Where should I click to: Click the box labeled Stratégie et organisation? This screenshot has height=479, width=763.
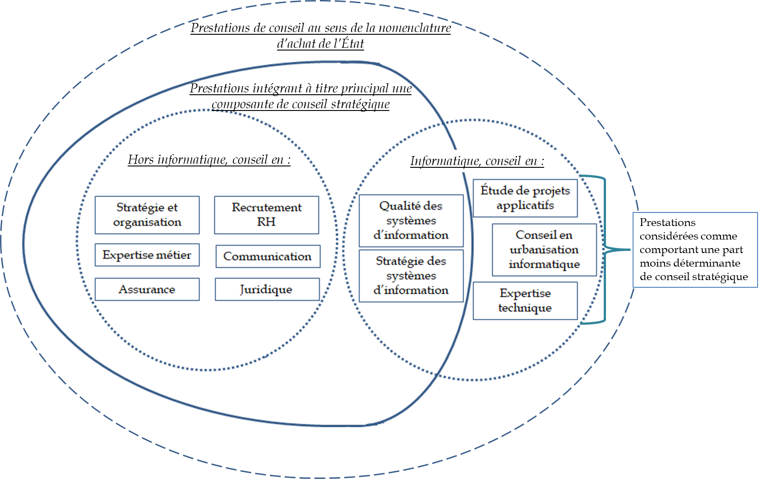(x=147, y=215)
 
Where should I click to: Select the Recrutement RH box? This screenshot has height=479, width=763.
(x=266, y=215)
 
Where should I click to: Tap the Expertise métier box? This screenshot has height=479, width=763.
(x=147, y=255)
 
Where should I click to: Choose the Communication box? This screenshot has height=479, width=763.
(x=268, y=256)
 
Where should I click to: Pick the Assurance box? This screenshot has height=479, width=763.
(x=147, y=289)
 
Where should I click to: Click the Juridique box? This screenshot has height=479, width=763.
(x=267, y=289)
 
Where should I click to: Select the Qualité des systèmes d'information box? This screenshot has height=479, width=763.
(x=411, y=221)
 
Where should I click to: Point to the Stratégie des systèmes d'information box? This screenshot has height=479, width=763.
(x=411, y=276)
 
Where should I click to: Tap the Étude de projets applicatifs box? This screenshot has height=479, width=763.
(x=525, y=198)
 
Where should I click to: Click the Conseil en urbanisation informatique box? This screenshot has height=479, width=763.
(x=544, y=249)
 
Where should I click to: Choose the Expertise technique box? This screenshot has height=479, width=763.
(x=525, y=301)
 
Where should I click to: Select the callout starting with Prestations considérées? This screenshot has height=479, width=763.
(x=695, y=249)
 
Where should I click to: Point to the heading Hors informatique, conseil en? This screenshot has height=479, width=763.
(x=209, y=160)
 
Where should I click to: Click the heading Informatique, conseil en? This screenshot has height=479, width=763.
(x=477, y=161)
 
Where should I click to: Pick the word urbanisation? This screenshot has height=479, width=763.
(x=544, y=249)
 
